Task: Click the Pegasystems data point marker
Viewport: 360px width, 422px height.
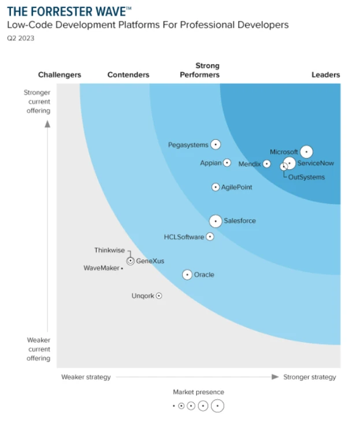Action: (216, 145)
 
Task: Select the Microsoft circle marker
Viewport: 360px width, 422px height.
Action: (306, 152)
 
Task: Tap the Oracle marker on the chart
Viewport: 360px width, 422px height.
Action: (187, 275)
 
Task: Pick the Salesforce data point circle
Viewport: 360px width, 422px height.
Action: (215, 221)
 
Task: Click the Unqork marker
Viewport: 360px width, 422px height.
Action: (159, 295)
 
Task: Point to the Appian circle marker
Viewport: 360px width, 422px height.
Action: (227, 163)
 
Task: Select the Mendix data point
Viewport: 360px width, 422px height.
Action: (266, 164)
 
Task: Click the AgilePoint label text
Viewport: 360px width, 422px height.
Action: (236, 187)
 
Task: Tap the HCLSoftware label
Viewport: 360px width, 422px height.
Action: (184, 237)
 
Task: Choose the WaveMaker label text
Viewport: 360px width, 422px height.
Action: (101, 268)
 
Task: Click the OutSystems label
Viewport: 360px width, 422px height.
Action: (306, 177)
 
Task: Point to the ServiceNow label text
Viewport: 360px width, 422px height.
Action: (316, 164)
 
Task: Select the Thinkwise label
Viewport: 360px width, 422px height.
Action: (109, 250)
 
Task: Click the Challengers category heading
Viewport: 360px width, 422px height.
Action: (60, 75)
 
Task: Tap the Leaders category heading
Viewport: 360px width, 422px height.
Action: (325, 75)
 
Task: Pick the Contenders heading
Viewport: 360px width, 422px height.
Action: (128, 75)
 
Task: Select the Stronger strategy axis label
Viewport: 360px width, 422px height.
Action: (309, 377)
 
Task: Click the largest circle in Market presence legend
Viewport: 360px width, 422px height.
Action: (217, 406)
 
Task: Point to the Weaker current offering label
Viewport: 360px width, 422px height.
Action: (38, 349)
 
